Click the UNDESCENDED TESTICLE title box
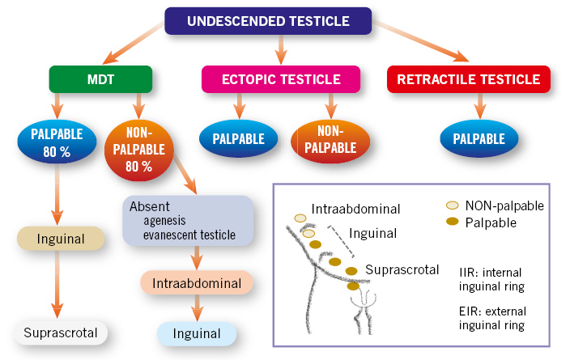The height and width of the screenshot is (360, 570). click(268, 21)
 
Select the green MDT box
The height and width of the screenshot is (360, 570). click(100, 79)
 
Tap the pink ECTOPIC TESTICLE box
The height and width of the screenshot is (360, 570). click(281, 79)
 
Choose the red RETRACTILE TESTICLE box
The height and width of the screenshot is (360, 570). click(469, 79)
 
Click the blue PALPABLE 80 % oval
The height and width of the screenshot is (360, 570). click(57, 142)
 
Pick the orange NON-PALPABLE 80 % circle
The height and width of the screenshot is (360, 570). click(139, 150)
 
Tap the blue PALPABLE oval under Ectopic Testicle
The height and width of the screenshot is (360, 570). click(239, 138)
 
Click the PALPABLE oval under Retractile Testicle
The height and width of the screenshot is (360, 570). click(479, 138)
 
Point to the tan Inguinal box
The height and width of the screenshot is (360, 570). click(61, 239)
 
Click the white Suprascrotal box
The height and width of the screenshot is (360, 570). click(61, 332)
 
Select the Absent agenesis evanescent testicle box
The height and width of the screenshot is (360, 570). click(188, 221)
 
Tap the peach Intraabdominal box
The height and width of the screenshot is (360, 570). click(197, 283)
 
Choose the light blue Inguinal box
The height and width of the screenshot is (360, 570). click(197, 333)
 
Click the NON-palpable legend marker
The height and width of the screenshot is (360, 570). click(453, 205)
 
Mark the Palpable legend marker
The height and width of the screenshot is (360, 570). click(453, 221)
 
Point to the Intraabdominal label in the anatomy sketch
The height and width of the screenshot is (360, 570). click(355, 209)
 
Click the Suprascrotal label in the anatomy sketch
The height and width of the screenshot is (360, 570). click(402, 269)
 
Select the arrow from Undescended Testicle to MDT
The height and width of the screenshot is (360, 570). click(134, 43)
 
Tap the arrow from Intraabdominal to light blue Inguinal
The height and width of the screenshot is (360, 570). click(197, 308)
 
